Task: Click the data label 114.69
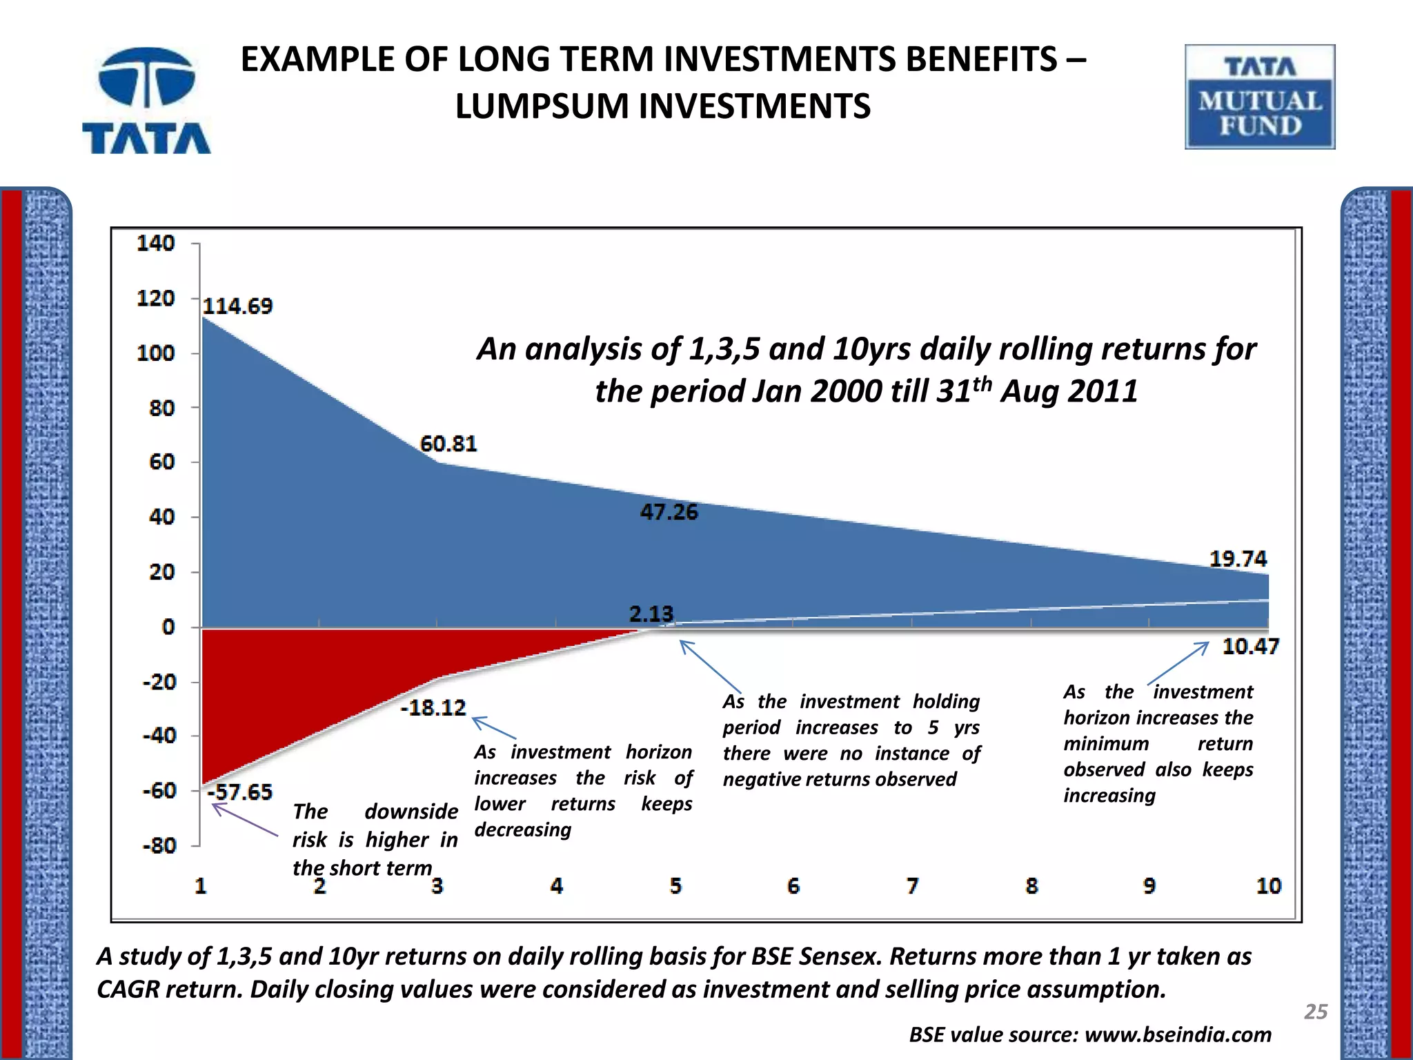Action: pyautogui.click(x=237, y=306)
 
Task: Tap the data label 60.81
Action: pyautogui.click(x=448, y=444)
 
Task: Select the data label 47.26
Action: pyautogui.click(x=669, y=512)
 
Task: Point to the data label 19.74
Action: pyautogui.click(x=1238, y=558)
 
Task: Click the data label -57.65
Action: pyautogui.click(x=240, y=792)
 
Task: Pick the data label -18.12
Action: pyautogui.click(x=433, y=707)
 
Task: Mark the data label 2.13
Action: pyautogui.click(x=651, y=614)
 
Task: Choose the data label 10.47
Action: pyautogui.click(x=1250, y=647)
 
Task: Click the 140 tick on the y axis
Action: pyautogui.click(x=156, y=243)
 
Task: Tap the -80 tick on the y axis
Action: pyautogui.click(x=159, y=845)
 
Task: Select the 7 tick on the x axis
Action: pyautogui.click(x=912, y=885)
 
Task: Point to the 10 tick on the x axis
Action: pyautogui.click(x=1268, y=885)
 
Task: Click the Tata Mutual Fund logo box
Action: pyautogui.click(x=1260, y=97)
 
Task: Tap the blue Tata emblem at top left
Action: pyautogui.click(x=146, y=77)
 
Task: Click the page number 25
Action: pyautogui.click(x=1316, y=1012)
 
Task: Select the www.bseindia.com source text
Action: pyautogui.click(x=1178, y=1034)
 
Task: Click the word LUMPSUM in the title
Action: pyautogui.click(x=542, y=106)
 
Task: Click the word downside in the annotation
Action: pyautogui.click(x=411, y=812)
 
